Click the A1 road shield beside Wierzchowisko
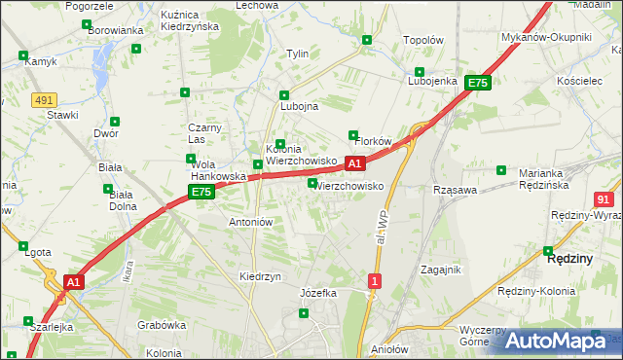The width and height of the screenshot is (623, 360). coord(355,163)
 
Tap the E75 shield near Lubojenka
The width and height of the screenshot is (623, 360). coord(477,84)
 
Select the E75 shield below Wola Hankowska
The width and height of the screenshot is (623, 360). coord(201,193)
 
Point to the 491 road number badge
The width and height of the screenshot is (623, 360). coord(43,99)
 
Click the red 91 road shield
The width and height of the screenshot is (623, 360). coord(604,198)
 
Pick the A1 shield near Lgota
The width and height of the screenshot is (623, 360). coord(73,282)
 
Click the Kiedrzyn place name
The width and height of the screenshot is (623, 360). coord(260,276)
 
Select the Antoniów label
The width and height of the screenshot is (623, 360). coord(250,222)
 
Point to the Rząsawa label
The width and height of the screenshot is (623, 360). coord(455,190)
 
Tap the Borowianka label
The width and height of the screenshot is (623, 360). coord(116,30)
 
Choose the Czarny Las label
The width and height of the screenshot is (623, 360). coord(206,133)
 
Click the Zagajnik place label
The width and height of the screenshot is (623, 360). coord(440,269)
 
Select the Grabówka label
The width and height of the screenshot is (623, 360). coord(162,325)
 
